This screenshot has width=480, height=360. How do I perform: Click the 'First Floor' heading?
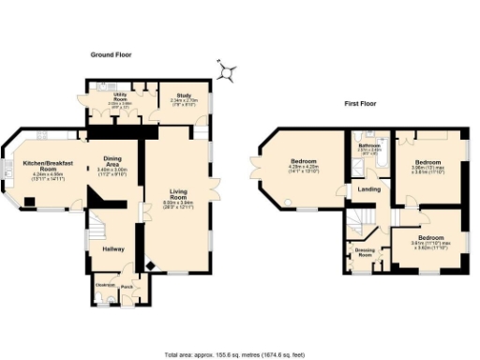(361, 103)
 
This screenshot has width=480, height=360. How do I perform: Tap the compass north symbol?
(225, 69)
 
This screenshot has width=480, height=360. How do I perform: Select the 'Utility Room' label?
(121, 96)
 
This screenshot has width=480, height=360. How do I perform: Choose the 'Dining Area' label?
(112, 160)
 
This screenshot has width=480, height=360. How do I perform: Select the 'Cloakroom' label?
(105, 284)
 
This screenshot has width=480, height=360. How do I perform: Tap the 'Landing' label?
(367, 192)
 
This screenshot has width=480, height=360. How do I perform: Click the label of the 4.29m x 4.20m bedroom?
(302, 160)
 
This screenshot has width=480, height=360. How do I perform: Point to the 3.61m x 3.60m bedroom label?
(432, 239)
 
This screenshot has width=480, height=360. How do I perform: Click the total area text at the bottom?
(240, 355)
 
